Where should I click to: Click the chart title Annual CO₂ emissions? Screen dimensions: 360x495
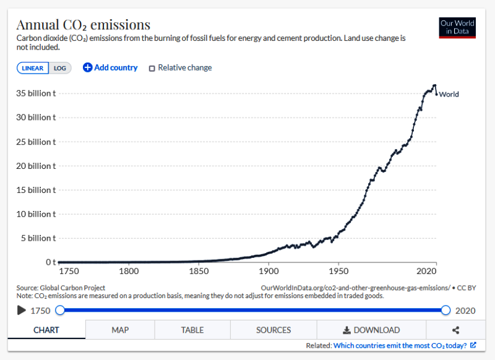click(x=83, y=25)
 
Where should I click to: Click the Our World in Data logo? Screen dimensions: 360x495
click(x=457, y=27)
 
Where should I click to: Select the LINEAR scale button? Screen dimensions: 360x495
click(x=33, y=68)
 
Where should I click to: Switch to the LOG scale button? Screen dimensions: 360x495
click(x=60, y=68)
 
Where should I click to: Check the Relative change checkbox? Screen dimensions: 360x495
click(x=152, y=68)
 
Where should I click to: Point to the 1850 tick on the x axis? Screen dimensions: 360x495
click(x=199, y=271)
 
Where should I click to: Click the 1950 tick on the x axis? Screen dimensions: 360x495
click(x=338, y=271)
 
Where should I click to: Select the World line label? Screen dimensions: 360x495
click(x=449, y=95)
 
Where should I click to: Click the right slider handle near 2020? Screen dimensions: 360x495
click(x=446, y=310)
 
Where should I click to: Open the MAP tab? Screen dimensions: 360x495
click(x=120, y=330)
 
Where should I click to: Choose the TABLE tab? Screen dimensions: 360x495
click(x=192, y=330)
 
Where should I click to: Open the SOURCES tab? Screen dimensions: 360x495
click(x=273, y=330)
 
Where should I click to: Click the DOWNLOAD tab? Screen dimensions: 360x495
click(x=371, y=330)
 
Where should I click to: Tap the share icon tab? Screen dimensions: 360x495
click(x=455, y=330)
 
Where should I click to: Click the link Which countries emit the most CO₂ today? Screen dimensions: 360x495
click(x=400, y=345)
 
